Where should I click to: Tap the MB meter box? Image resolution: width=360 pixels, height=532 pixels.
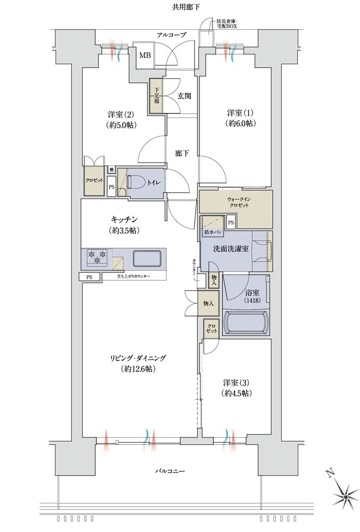(x=144, y=55)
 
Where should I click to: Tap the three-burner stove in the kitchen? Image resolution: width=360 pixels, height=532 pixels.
(x=96, y=259)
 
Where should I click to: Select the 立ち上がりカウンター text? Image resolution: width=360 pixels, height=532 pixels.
(x=133, y=277)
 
